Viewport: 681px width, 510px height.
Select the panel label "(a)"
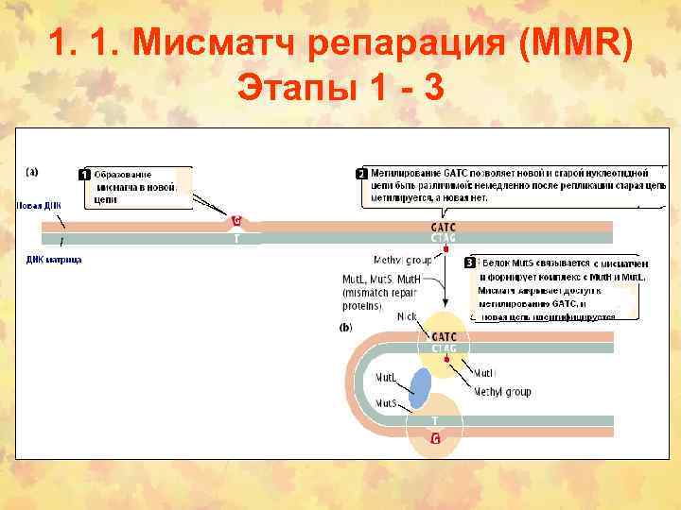pyautogui.click(x=32, y=172)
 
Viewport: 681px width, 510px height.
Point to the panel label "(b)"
pyautogui.click(x=345, y=329)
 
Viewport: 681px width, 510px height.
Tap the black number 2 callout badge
pyautogui.click(x=360, y=175)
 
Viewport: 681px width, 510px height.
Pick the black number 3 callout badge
pyautogui.click(x=469, y=263)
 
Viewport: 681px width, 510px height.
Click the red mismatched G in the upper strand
pyautogui.click(x=236, y=222)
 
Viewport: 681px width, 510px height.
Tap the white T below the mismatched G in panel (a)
pyautogui.click(x=236, y=239)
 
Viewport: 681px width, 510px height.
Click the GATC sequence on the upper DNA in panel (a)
pyautogui.click(x=445, y=227)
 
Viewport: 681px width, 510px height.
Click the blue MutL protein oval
pyautogui.click(x=421, y=387)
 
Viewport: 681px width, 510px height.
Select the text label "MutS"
pyautogui.click(x=385, y=403)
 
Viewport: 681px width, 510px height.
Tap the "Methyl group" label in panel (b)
pyautogui.click(x=502, y=391)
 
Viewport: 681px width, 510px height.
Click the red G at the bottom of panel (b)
pyautogui.click(x=435, y=438)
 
